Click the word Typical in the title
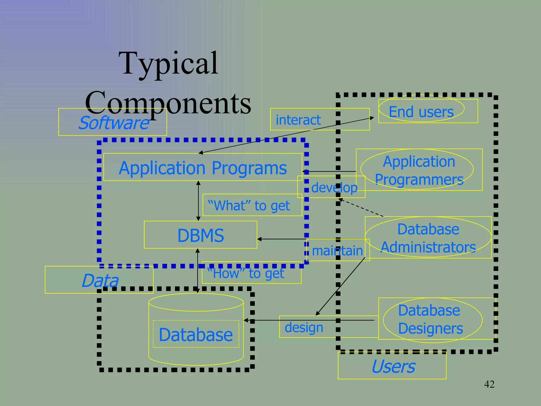(x=168, y=63)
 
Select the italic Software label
(x=114, y=123)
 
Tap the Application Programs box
(x=203, y=168)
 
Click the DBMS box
(x=200, y=235)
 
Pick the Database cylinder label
(x=196, y=335)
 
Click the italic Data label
(x=100, y=280)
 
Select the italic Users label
(x=393, y=366)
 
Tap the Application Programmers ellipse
(x=419, y=170)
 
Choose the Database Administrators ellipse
(x=428, y=238)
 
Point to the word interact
(x=298, y=120)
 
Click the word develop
(x=334, y=188)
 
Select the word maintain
(x=337, y=251)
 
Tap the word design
(x=304, y=327)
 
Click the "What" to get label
(x=249, y=206)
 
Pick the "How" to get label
(x=246, y=273)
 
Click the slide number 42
(x=489, y=384)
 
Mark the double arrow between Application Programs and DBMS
(x=198, y=201)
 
